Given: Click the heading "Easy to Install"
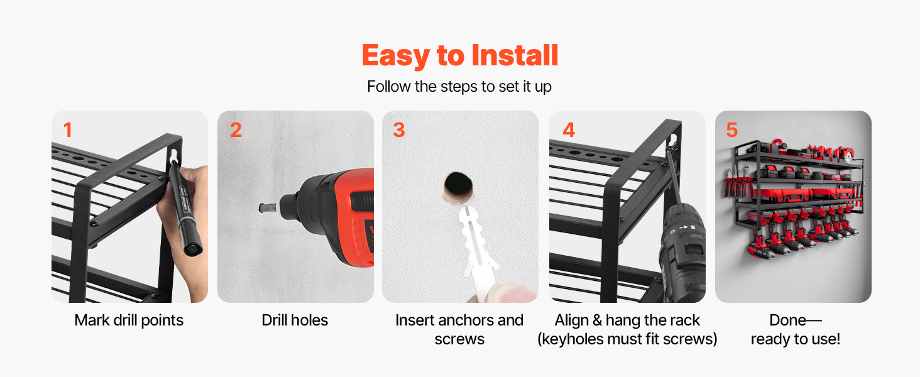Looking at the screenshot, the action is pos(459,55).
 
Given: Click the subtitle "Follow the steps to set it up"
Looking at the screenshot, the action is pos(459,87).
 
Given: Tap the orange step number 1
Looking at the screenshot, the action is pos(68,130).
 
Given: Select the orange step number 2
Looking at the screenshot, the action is pos(236,130).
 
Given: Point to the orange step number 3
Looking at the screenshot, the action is pos(399,130).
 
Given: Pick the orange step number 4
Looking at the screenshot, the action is pos(569,130).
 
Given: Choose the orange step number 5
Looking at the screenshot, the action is pos(732,130).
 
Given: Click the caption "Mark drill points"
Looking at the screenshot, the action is pos(129,320).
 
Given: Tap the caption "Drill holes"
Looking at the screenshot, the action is pos(295,320).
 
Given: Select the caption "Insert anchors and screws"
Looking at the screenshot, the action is pos(459,330).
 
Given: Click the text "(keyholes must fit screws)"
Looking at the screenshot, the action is pos(627,339).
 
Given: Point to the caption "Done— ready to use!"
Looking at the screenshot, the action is pos(796,330).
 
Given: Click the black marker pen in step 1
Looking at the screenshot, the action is pos(185,208).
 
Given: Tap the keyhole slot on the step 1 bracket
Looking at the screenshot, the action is pos(175,156).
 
